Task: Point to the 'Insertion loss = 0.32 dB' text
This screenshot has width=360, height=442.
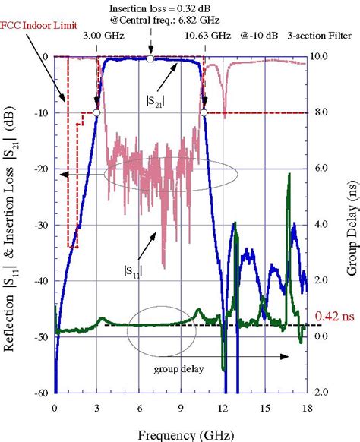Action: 152,6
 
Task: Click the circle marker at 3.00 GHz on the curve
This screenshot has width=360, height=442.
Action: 96,112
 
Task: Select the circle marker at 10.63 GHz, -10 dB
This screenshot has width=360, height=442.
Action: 204,112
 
